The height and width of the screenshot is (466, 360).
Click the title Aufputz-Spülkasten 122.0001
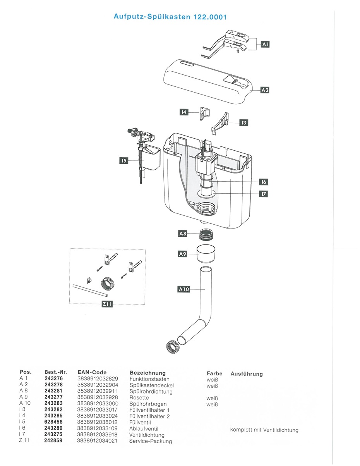[x=170, y=17]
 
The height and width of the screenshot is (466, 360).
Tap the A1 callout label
[x=265, y=45]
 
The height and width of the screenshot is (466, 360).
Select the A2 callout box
[x=265, y=90]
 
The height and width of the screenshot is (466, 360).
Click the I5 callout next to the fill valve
[x=123, y=160]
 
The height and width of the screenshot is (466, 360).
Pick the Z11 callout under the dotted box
[x=107, y=304]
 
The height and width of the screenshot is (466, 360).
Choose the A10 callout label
[x=184, y=289]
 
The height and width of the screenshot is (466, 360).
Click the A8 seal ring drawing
[x=207, y=234]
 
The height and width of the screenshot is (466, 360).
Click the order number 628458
[x=53, y=423]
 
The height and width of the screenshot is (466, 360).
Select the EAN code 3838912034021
[x=97, y=441]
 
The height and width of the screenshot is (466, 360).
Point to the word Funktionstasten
[x=149, y=379]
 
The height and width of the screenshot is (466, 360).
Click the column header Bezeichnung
[x=147, y=373]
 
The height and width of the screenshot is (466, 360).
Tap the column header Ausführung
[x=247, y=374]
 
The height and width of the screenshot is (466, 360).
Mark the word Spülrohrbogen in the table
[x=148, y=404]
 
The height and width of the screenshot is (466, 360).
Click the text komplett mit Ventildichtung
[x=264, y=430]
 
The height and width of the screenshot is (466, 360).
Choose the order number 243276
[x=53, y=379]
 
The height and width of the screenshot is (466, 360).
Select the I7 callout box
[x=264, y=194]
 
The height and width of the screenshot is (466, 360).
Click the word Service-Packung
[x=151, y=441]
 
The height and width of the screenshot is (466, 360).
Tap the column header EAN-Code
[x=92, y=373]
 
